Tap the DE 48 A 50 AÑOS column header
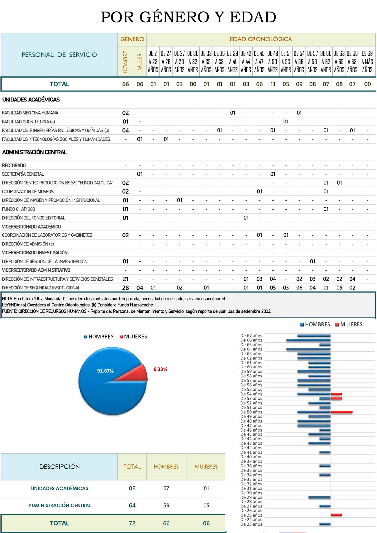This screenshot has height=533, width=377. tap(273, 62)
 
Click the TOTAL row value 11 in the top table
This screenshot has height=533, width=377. tap(273, 84)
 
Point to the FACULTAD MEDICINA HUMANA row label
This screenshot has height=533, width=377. tap(30, 113)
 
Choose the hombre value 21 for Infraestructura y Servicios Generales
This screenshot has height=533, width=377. tap(125, 279)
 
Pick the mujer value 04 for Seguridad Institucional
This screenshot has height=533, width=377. tap(140, 288)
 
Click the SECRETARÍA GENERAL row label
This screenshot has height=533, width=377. tap(23, 174)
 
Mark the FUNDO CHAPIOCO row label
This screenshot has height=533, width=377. tap(19, 209)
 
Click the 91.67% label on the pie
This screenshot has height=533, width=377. tap(105, 371)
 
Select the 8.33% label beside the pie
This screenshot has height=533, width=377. tap(160, 369)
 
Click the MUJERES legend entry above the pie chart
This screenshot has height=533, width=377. tap(135, 337)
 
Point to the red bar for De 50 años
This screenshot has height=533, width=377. tap(342, 412)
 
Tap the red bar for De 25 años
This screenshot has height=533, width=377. tap(336, 515)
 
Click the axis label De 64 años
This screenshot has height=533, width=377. tap(251, 349)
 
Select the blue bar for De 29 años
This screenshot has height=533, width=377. tap(319, 498)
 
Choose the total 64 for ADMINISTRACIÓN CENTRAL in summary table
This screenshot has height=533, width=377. tap(132, 506)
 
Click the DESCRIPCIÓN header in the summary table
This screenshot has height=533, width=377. tap(60, 467)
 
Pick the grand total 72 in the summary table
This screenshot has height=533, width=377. tap(132, 523)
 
